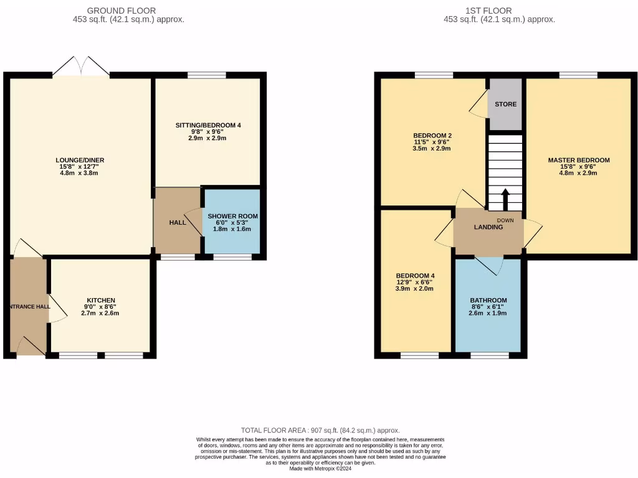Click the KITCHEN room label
(101, 300)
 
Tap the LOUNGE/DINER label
(77, 160)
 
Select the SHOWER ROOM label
(232, 216)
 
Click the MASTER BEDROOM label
(579, 160)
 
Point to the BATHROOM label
(488, 300)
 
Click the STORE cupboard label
(505, 104)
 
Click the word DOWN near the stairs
(505, 220)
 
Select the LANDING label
(488, 227)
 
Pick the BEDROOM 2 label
(432, 136)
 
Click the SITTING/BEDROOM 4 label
(207, 125)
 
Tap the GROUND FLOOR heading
(121, 11)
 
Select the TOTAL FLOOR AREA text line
(320, 430)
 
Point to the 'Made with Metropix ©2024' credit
(320, 469)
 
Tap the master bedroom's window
(579, 75)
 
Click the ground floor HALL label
(178, 222)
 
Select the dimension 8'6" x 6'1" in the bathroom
(488, 307)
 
